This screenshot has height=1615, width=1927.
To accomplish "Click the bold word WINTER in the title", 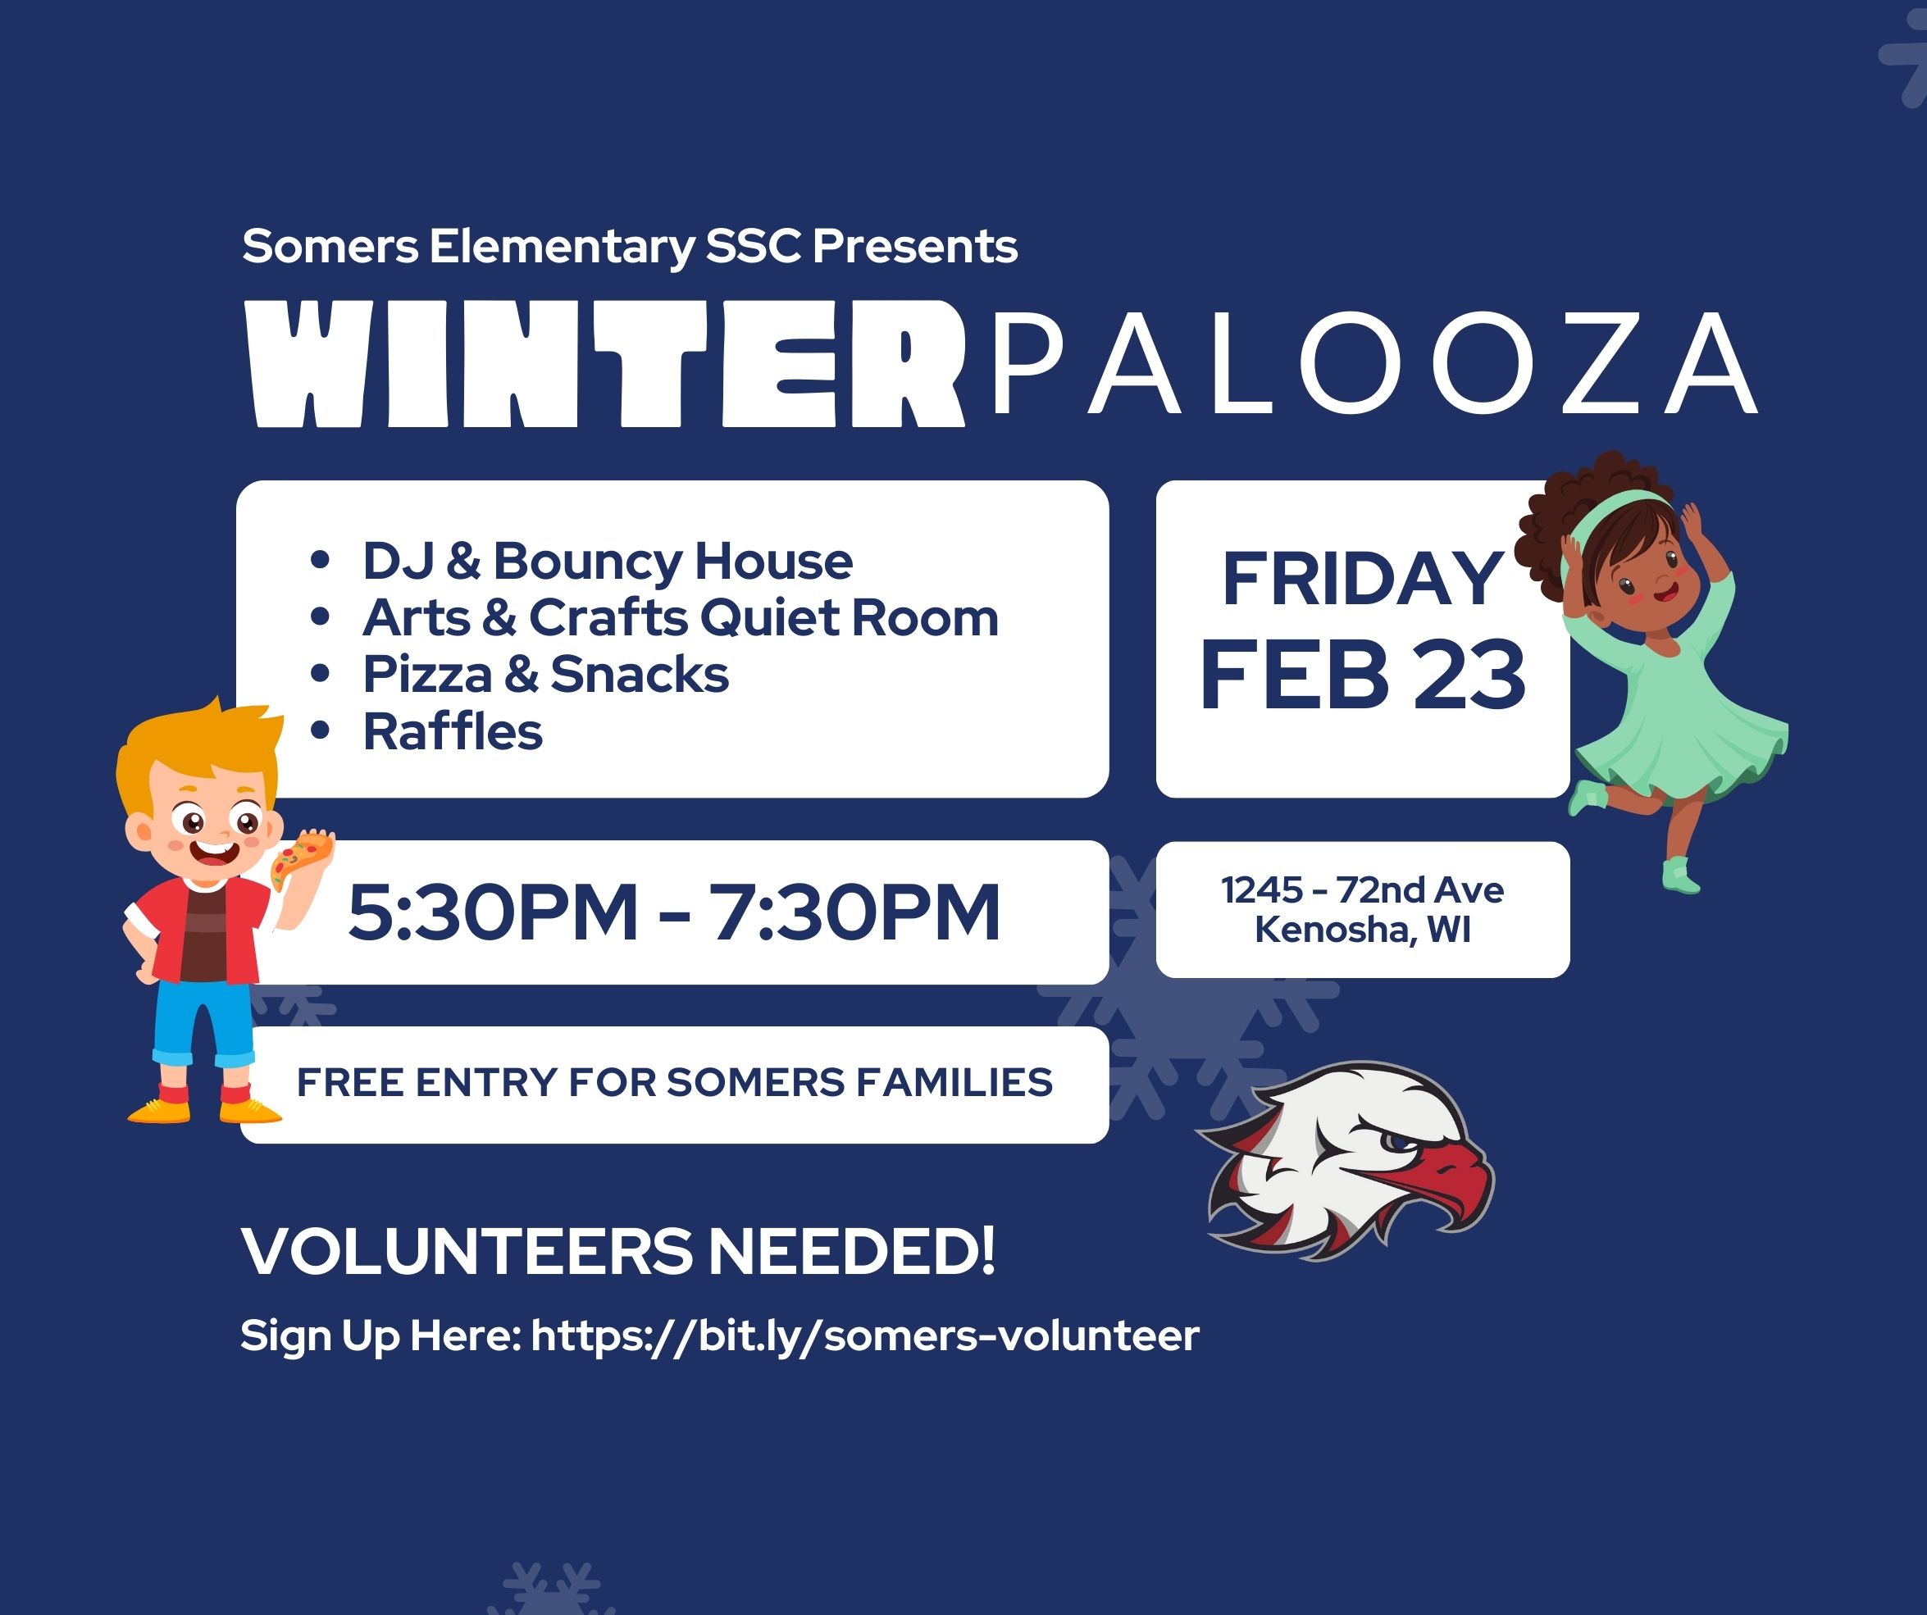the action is point(607,364).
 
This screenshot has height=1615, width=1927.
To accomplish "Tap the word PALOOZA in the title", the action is point(1373,363).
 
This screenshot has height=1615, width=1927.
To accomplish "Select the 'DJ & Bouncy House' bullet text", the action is point(608,561).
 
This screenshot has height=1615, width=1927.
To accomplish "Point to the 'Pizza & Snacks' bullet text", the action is point(546,675).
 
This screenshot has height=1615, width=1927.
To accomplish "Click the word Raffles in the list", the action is point(453,732).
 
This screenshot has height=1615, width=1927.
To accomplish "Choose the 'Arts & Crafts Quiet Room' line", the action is point(681,617).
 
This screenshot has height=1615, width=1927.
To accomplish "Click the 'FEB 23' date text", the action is point(1363,675).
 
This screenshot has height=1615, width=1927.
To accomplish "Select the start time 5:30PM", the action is point(493,912).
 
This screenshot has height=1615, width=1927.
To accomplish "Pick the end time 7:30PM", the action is point(854,912).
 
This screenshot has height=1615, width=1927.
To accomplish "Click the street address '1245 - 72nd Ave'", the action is point(1363,890).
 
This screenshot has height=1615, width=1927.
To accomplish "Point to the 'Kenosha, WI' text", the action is point(1363,930).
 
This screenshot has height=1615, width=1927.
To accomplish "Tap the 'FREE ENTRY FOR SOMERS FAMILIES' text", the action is point(674,1083).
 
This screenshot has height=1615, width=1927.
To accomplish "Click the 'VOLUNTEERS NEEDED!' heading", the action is point(618,1251).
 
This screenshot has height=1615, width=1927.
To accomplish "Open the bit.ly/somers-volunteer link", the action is point(865,1336).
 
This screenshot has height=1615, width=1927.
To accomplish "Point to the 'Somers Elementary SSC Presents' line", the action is point(630,247).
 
